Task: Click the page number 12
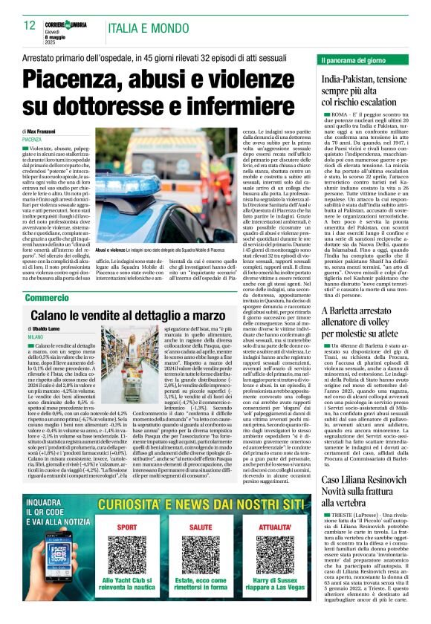pos(30,25)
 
